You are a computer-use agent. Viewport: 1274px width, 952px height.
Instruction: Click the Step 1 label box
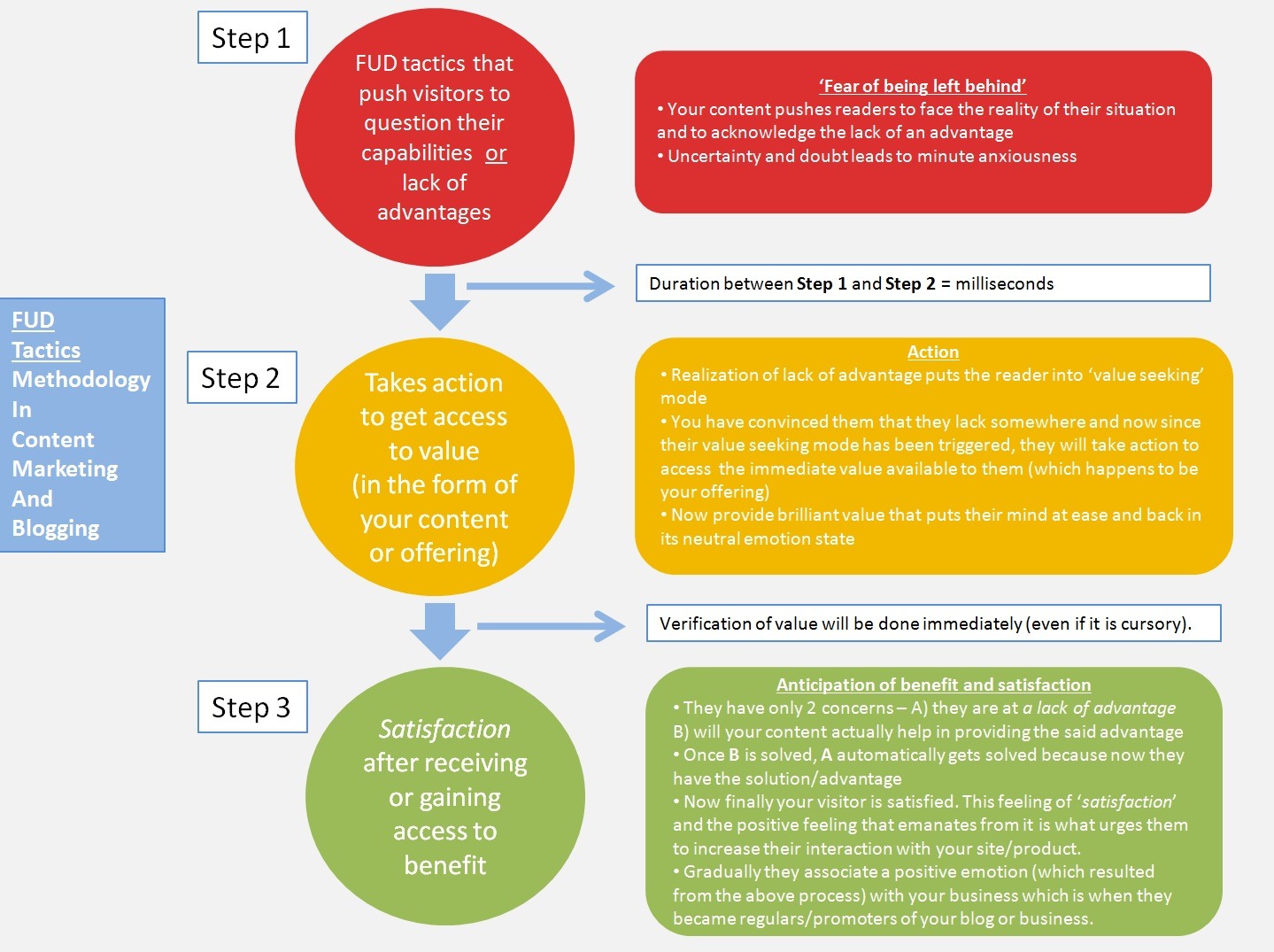point(251,38)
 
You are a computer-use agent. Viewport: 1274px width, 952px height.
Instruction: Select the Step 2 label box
point(241,378)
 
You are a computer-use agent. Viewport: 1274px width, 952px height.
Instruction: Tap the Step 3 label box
point(251,708)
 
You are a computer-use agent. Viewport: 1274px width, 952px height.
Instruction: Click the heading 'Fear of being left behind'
point(923,86)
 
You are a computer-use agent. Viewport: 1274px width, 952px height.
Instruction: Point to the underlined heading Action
point(932,352)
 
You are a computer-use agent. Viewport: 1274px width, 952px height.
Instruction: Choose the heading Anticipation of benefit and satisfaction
point(933,685)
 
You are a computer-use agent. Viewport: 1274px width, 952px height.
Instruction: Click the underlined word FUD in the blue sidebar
point(33,320)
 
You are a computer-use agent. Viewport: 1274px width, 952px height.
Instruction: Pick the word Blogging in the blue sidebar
point(55,529)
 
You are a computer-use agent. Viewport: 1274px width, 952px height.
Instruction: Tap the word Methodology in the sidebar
point(81,379)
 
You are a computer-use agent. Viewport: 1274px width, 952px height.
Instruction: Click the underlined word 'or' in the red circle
point(496,153)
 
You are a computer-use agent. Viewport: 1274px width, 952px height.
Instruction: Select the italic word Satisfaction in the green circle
point(444,729)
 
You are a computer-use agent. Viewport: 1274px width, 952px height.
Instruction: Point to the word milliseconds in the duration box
point(1004,283)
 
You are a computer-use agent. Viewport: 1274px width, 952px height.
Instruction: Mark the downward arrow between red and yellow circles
point(440,301)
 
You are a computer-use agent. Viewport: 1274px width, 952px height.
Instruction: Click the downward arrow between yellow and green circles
point(440,631)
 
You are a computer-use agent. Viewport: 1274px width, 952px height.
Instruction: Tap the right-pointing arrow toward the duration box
point(540,286)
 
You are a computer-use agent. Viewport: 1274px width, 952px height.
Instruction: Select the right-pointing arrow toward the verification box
point(551,626)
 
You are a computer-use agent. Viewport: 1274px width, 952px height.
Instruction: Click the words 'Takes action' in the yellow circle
point(434,383)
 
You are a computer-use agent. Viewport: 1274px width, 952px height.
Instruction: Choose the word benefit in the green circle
point(444,865)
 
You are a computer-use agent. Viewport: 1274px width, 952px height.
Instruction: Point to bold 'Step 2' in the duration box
point(909,283)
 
